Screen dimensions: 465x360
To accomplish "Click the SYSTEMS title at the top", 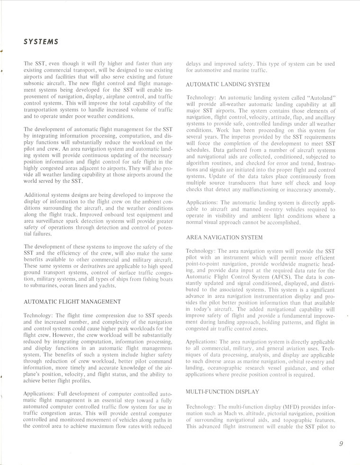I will click(x=41, y=41).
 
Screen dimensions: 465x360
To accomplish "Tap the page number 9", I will click(x=341, y=444).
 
